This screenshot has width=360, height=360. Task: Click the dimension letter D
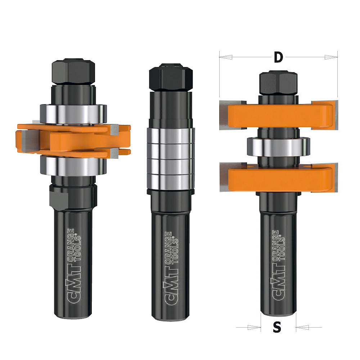[279, 57]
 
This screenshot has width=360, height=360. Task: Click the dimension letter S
[277, 327]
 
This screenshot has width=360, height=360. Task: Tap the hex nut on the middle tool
[171, 77]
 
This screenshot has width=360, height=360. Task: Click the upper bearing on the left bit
[73, 114]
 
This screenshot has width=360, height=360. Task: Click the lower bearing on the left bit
[73, 166]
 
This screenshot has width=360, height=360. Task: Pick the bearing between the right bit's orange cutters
[279, 147]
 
